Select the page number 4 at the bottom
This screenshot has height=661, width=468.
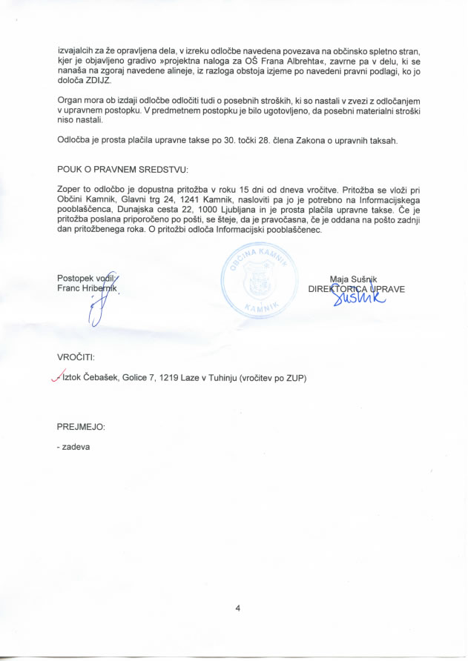pyautogui.click(x=237, y=608)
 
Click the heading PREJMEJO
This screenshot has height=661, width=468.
pyautogui.click(x=81, y=427)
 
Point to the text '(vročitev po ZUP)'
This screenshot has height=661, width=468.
pyautogui.click(x=271, y=378)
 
